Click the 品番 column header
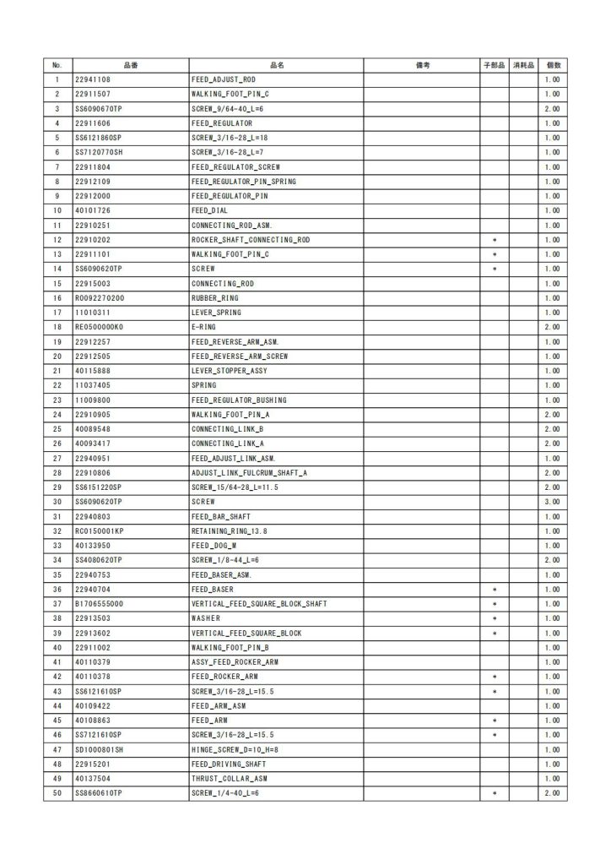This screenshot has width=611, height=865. [x=131, y=65]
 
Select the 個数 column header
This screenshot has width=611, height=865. [x=553, y=65]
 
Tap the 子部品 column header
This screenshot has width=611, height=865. [x=495, y=65]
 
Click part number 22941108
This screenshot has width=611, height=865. [x=93, y=79]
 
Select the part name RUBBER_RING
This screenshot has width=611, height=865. [x=214, y=298]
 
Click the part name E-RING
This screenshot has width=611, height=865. [x=205, y=327]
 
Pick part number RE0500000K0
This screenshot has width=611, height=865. [x=100, y=327]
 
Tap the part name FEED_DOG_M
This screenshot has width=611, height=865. [x=212, y=546]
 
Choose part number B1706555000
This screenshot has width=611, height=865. [x=100, y=604]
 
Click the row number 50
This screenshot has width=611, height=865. [x=57, y=793]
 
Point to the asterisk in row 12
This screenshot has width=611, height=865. [x=495, y=240]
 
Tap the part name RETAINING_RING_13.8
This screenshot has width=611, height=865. [x=227, y=531]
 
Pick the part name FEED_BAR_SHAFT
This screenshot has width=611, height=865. [x=220, y=516]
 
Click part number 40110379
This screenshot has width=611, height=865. [x=93, y=662]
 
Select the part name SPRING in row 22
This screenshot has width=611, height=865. [x=204, y=385]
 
